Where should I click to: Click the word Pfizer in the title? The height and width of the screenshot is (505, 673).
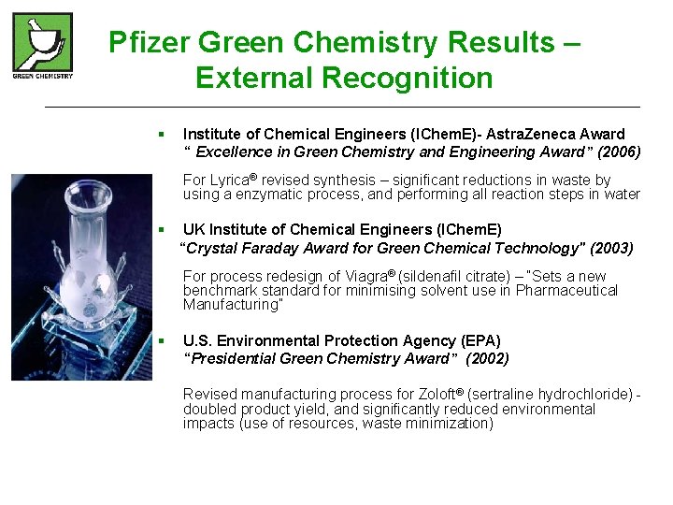(x=150, y=43)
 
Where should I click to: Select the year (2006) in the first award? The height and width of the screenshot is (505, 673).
(x=619, y=151)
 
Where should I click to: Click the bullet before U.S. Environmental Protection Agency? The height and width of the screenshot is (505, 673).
(x=162, y=340)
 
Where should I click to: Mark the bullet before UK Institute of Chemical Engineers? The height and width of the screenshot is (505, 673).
(x=162, y=229)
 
